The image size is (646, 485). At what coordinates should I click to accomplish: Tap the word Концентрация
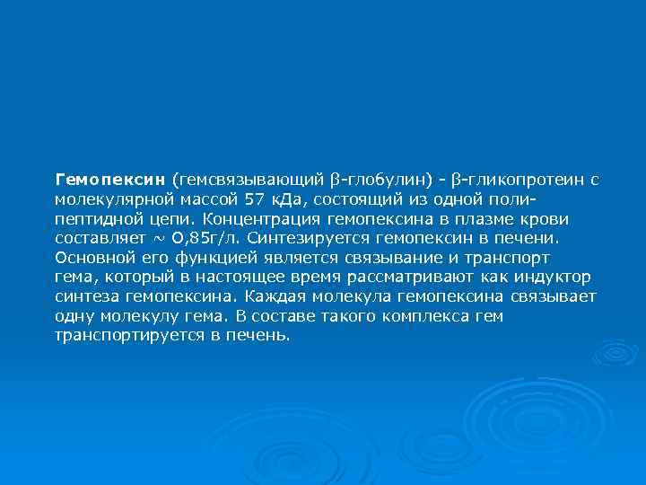(x=252, y=218)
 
